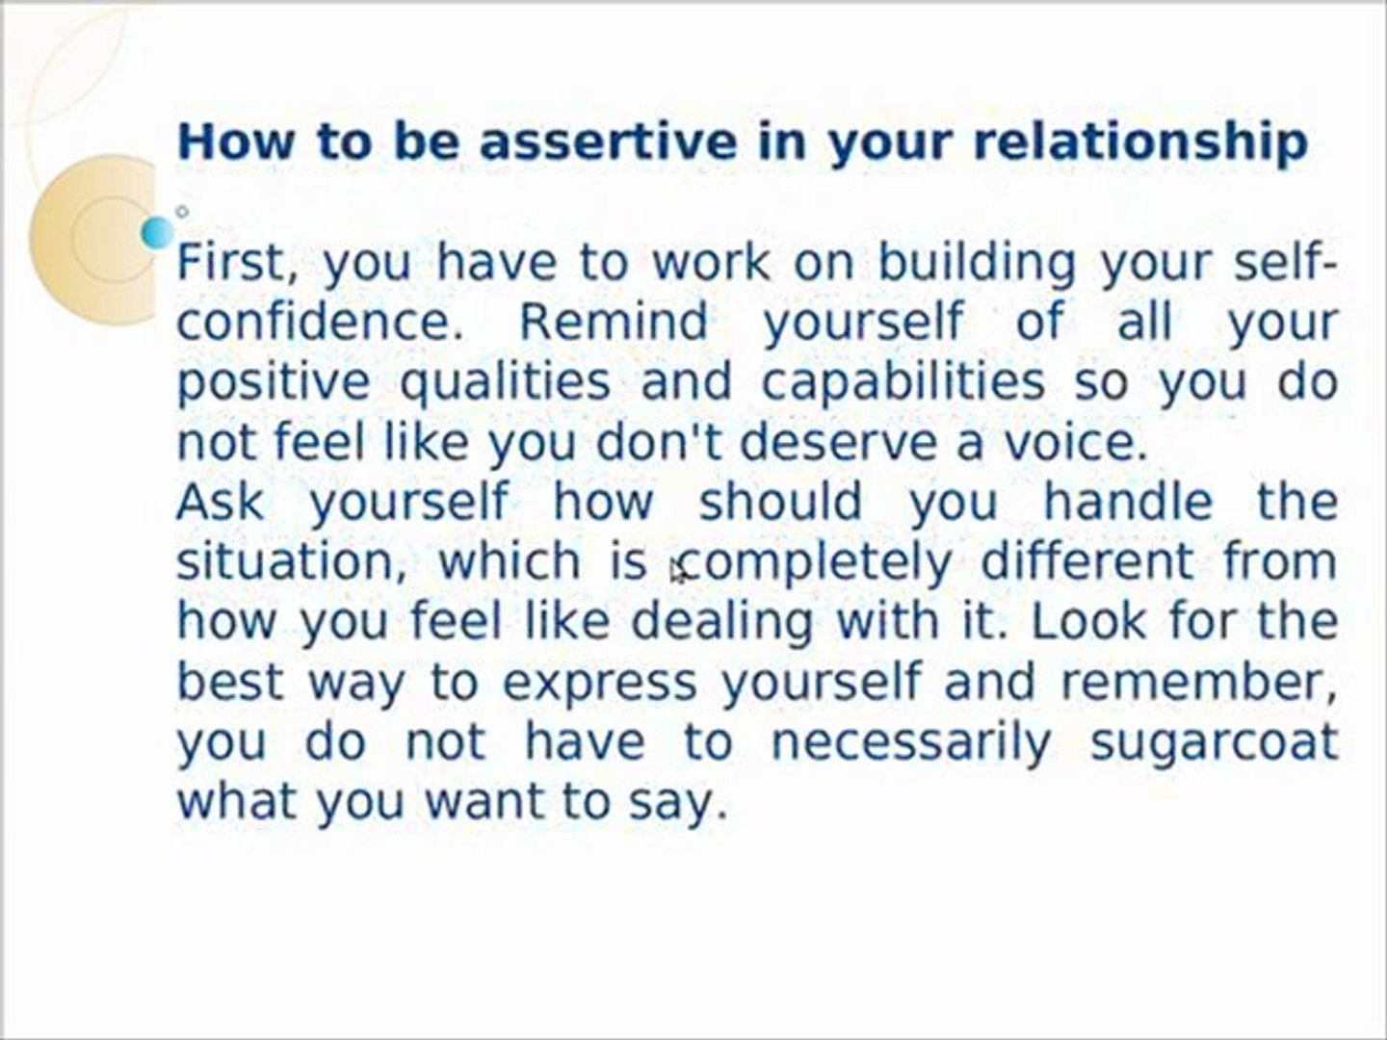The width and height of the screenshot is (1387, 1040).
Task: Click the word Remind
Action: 614,322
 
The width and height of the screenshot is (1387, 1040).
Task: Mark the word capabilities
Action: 903,382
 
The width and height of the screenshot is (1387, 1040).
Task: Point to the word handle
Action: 1128,502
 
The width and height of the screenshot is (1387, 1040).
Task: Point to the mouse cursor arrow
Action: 678,572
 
